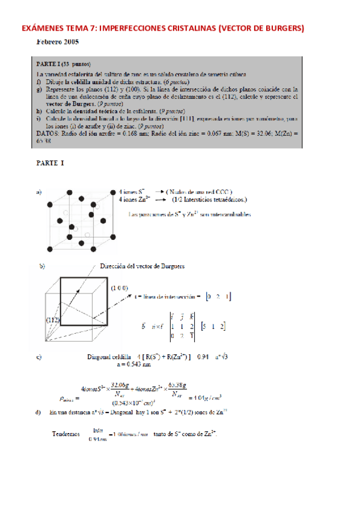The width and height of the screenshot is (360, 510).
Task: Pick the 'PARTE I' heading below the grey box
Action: (50, 163)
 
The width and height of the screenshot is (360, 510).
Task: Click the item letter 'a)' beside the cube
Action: (39, 192)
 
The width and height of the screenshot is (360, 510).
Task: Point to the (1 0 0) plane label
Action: (120, 288)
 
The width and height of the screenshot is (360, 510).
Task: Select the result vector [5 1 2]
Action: (213, 325)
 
